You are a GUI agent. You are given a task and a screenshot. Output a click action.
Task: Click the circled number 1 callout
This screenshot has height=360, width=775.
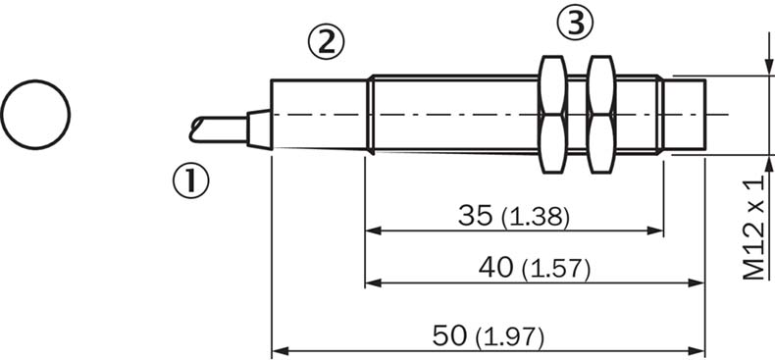coord(190,181)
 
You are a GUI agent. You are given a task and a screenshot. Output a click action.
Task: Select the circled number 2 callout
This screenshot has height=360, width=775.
coord(326,42)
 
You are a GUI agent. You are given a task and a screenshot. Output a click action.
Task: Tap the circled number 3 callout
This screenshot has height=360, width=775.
coord(575,24)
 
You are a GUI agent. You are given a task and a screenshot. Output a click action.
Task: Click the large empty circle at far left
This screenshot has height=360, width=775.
coord(35,114)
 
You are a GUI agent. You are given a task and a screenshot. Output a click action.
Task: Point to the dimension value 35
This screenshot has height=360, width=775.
coord(476,215)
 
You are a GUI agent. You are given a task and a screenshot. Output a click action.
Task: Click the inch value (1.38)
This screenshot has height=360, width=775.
coord(536,218)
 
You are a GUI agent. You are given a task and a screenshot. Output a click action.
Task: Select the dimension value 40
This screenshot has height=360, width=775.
coord(495,268)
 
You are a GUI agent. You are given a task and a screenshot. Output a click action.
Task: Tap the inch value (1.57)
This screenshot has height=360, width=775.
coord(556,270)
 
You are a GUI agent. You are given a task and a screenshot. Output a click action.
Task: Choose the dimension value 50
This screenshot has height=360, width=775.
coord(449,335)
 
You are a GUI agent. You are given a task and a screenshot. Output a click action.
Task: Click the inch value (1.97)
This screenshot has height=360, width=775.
coord(509,338)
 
